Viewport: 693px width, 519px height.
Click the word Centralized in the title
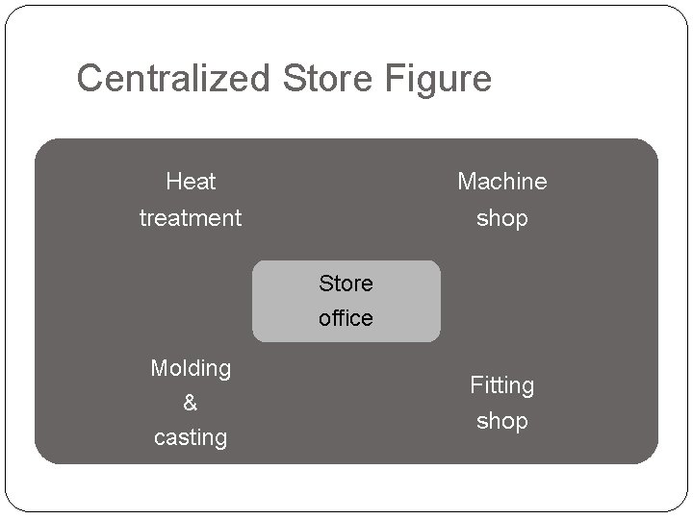tap(175, 79)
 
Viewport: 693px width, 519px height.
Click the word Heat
tap(191, 182)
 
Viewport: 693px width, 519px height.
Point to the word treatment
tap(191, 218)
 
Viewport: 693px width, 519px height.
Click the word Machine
tap(501, 182)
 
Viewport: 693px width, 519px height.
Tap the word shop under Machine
tap(501, 219)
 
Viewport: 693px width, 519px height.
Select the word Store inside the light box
tap(346, 284)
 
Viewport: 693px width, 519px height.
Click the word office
tap(346, 318)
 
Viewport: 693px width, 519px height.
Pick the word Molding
tap(191, 368)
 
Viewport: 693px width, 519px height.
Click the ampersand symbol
tap(191, 404)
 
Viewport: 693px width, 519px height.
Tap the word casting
tap(191, 438)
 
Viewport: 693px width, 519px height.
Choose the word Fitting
tap(501, 386)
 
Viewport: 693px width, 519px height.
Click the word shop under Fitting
tap(501, 422)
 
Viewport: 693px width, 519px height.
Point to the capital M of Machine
tap(467, 182)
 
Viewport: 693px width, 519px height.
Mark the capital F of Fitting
tap(475, 385)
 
